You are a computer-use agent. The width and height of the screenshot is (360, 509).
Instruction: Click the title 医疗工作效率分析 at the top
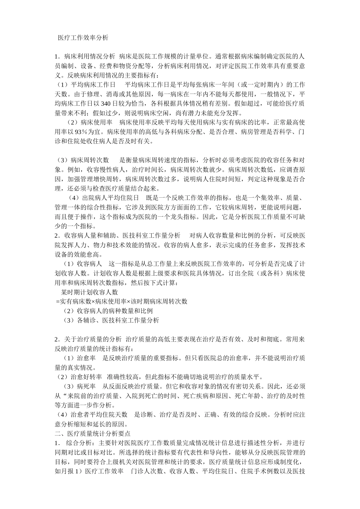pos(83,38)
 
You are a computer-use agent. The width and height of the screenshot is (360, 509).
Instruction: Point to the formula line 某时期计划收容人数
pos(89,292)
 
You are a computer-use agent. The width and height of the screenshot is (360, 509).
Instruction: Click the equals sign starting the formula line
pos(58,301)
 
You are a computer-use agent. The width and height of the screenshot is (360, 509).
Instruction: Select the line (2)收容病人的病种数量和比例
pos(108,311)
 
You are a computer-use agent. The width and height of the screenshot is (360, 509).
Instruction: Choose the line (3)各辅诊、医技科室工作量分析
pos(111,320)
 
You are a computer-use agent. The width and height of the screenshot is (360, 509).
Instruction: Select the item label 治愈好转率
pos(86,377)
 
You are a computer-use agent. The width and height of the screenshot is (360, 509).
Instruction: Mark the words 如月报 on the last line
pos(64,472)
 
